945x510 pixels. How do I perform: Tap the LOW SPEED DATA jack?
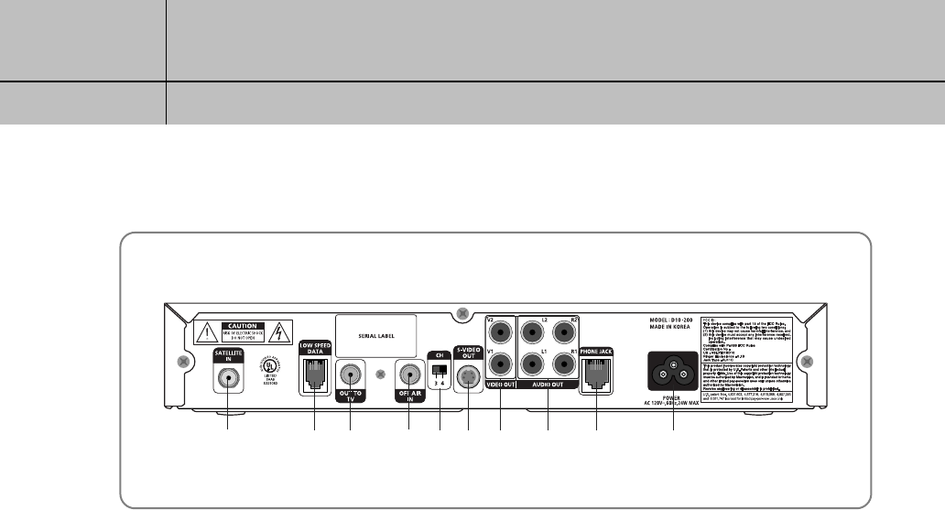point(314,374)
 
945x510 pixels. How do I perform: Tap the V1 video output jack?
point(503,365)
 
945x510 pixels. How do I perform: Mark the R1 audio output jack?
point(565,365)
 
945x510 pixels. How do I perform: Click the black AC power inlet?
point(675,371)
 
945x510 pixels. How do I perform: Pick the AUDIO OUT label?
point(549,385)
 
